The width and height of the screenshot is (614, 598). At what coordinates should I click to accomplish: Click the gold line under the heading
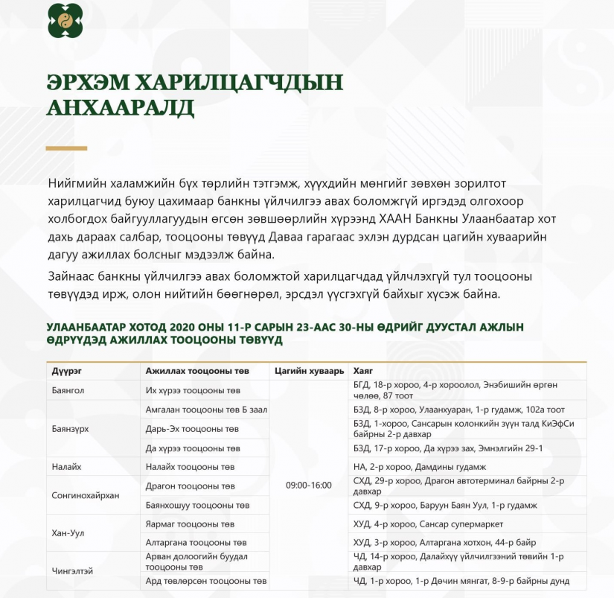[x=67, y=148]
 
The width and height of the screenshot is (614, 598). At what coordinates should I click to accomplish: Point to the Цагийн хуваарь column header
[x=310, y=371]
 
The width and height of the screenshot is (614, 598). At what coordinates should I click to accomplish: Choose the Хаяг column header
[x=363, y=371]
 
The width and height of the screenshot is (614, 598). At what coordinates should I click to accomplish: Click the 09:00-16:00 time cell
[x=309, y=486]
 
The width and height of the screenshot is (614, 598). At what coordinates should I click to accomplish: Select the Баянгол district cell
[x=68, y=389]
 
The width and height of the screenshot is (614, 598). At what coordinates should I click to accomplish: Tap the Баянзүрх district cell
[x=71, y=429]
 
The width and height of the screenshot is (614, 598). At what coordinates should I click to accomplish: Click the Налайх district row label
[x=66, y=467]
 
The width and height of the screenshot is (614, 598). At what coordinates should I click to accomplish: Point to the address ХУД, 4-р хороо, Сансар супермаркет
[x=428, y=524]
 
